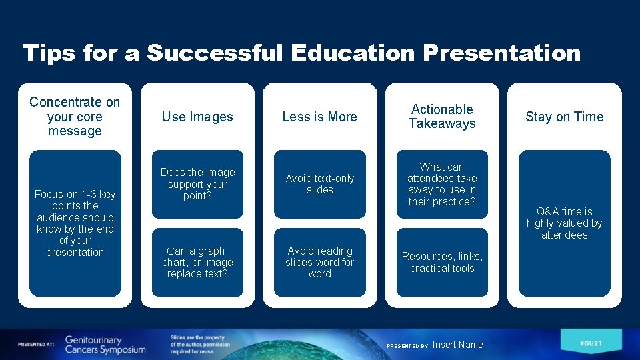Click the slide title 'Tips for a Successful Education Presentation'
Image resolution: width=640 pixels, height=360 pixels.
coord(301,53)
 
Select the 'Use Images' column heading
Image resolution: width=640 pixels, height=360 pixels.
coord(197,117)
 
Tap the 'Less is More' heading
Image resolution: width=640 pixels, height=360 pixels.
coord(319,117)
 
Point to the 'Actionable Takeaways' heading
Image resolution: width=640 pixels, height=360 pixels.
coord(442,116)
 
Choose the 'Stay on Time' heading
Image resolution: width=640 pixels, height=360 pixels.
coord(564,117)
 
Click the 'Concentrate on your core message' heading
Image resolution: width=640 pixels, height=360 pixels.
coord(75,117)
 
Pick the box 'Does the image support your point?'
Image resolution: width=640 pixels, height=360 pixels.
coord(197,184)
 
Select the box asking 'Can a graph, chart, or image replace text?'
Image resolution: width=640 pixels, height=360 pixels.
coord(197,262)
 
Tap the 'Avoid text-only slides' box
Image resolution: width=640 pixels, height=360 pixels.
coord(319,184)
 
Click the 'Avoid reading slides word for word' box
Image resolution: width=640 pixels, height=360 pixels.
coord(319,262)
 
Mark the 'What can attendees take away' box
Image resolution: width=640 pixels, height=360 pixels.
coord(442,184)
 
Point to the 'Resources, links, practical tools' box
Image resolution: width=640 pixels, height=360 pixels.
coord(442,262)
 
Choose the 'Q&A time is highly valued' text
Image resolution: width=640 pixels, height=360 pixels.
coord(564,223)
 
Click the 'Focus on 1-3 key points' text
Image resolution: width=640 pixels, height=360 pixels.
coord(75,223)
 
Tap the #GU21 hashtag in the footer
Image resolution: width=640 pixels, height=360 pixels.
coord(591,342)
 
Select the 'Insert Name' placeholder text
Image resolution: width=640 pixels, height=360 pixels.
coord(457,345)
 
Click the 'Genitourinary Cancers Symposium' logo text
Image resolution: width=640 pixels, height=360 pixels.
coord(105,345)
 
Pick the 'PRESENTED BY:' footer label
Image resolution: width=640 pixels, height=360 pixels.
coord(408,346)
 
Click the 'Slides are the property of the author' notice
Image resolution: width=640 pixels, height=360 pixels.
coord(199,345)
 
